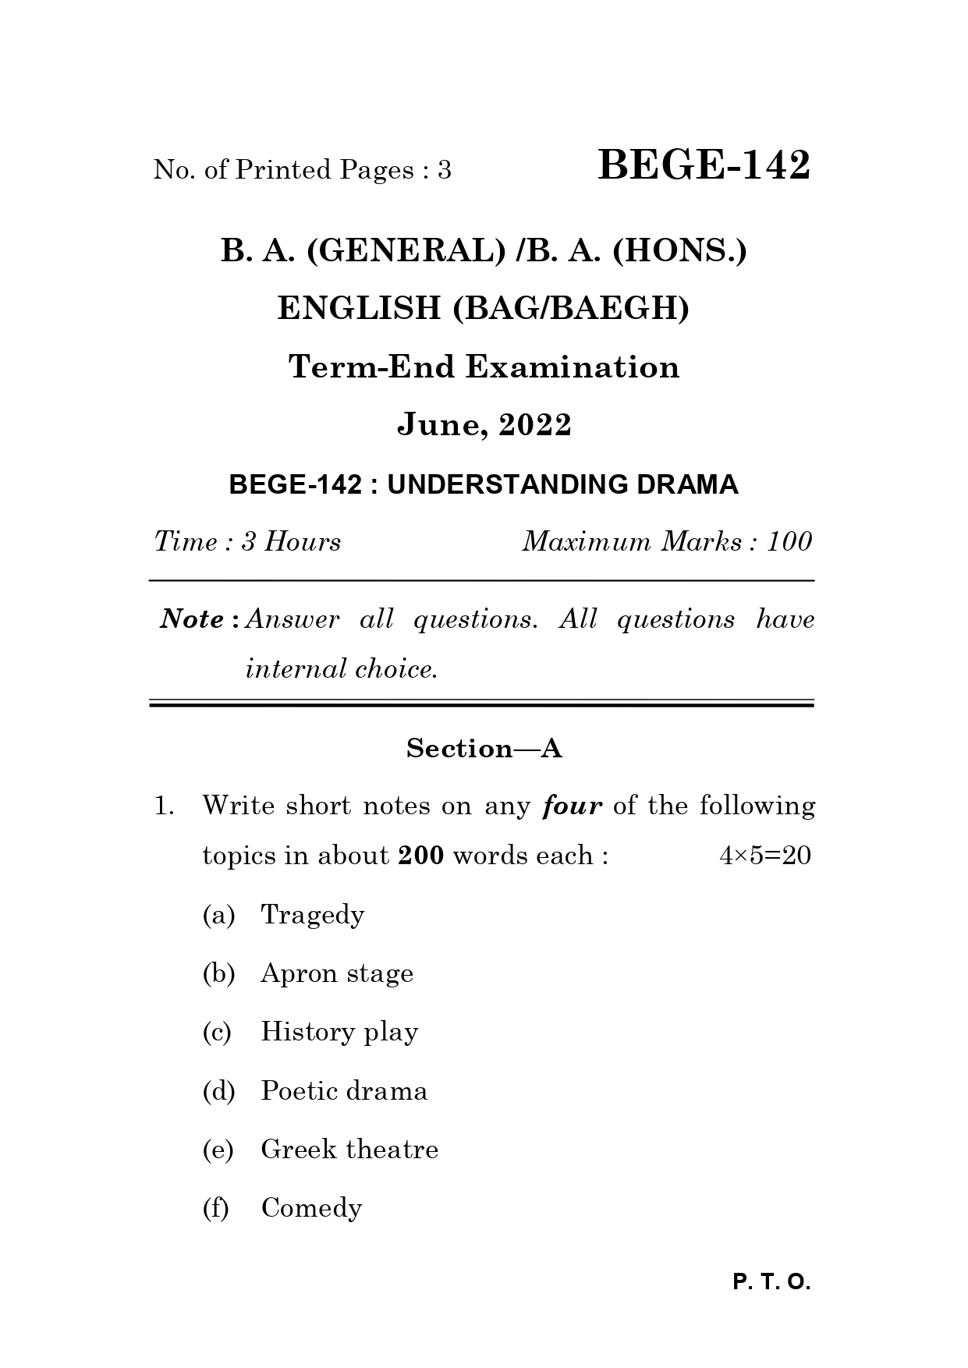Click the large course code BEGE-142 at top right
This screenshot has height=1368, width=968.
[704, 166]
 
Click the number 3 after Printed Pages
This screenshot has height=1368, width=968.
[444, 170]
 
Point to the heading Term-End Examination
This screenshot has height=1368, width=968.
[484, 367]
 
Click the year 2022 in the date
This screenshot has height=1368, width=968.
[535, 425]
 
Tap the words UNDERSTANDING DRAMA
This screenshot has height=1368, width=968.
[562, 485]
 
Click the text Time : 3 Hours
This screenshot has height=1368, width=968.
[247, 541]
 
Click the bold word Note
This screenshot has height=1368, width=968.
[193, 619]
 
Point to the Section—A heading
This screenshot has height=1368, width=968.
[484, 749]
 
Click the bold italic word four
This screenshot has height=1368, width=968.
[572, 806]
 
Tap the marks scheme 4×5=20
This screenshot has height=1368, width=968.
[764, 856]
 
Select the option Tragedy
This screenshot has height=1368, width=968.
[312, 915]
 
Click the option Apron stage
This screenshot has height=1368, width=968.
[336, 973]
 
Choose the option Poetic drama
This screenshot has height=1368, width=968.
[343, 1090]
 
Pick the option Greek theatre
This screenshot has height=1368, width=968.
[349, 1149]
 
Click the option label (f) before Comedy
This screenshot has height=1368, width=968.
[215, 1208]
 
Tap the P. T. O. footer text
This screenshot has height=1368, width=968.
[771, 1282]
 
